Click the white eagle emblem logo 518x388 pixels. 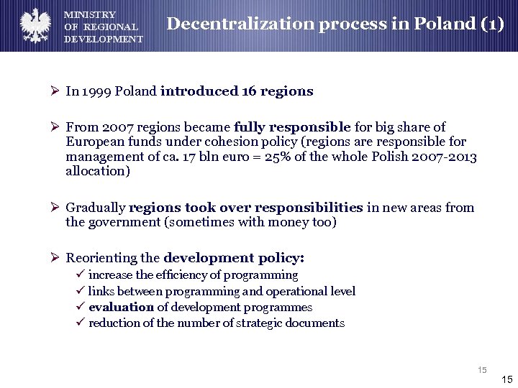coord(33,25)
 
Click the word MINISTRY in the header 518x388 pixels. coord(90,15)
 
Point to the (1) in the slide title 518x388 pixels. coord(491,24)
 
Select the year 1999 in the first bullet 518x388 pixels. coord(97,91)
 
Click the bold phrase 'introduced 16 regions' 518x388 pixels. coord(237,91)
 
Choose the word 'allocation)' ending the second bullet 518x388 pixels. coord(98,171)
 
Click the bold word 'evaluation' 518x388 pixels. coord(121,307)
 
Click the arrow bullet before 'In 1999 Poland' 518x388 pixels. coord(55,91)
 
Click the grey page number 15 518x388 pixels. coord(482,370)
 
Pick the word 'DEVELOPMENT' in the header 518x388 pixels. coord(104,40)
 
